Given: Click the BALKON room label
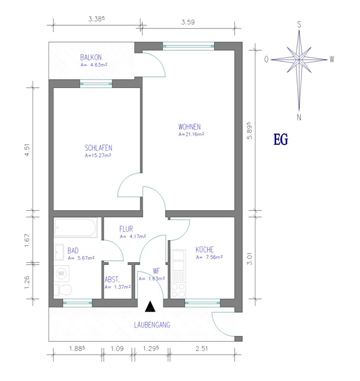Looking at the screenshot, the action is click(91, 58).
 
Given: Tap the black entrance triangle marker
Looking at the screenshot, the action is click(150, 306).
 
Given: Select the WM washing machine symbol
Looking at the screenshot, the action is click(61, 274).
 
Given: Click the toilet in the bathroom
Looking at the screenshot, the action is click(63, 290).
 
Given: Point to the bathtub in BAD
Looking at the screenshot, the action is click(75, 228).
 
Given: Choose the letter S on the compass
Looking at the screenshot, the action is click(299, 24).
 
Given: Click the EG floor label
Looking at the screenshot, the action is click(280, 139).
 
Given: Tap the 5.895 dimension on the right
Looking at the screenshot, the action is click(250, 130).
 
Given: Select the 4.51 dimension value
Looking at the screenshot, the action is click(27, 150).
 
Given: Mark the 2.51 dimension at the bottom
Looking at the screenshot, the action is click(202, 349).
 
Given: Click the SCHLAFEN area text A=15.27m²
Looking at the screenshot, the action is click(98, 155).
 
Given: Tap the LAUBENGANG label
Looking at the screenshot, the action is click(152, 325).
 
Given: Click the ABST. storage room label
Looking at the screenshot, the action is click(112, 280).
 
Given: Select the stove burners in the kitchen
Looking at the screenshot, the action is click(178, 291).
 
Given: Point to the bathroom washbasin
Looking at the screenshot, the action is click(59, 252).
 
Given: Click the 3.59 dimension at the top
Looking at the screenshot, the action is click(188, 22).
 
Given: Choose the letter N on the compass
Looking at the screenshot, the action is click(299, 118).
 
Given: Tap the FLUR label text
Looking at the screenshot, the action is click(126, 229).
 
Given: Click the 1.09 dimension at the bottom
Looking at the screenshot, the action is click(117, 349).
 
